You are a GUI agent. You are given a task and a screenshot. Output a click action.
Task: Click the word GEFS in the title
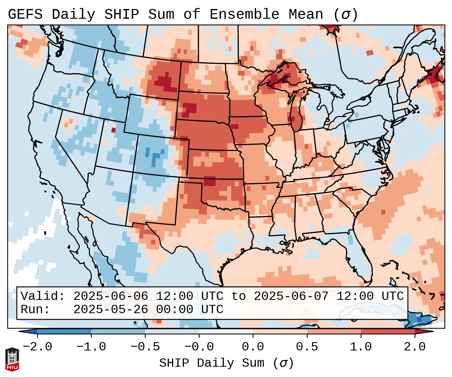pos(25,15)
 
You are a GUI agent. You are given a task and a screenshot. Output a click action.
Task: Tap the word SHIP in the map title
pos(121,15)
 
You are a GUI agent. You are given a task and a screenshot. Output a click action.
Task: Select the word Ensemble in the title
pos(244,15)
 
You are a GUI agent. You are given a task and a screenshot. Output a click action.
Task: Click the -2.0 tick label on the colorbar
pos(37,347)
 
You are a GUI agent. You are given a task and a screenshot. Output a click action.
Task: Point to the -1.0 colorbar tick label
pos(91,347)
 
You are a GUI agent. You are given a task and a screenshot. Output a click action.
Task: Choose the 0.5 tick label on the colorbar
pos(307,347)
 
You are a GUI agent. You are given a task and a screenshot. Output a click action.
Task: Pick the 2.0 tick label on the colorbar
pos(415,347)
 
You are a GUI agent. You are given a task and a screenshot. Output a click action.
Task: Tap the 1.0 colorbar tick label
pos(361,347)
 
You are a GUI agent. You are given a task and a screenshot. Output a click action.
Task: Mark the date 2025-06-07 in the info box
pos(291,296)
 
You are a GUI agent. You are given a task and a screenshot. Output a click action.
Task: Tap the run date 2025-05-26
pos(111,310)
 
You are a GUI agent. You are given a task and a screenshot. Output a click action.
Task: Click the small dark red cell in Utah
pos(114,130)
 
